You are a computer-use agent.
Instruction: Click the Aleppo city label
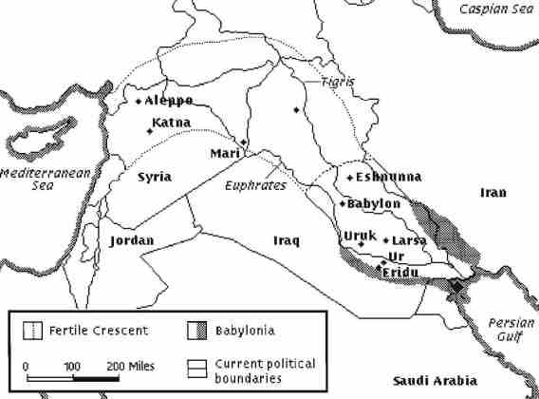tap(170, 101)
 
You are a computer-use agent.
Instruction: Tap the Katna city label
tap(171, 123)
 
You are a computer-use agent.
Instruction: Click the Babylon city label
tap(376, 203)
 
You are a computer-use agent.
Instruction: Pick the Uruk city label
tap(361, 235)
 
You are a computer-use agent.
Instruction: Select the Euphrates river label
tap(255, 187)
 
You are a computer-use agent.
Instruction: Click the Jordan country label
tap(132, 240)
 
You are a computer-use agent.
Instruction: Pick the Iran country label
tap(493, 193)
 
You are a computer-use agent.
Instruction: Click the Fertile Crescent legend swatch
tap(32, 331)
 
